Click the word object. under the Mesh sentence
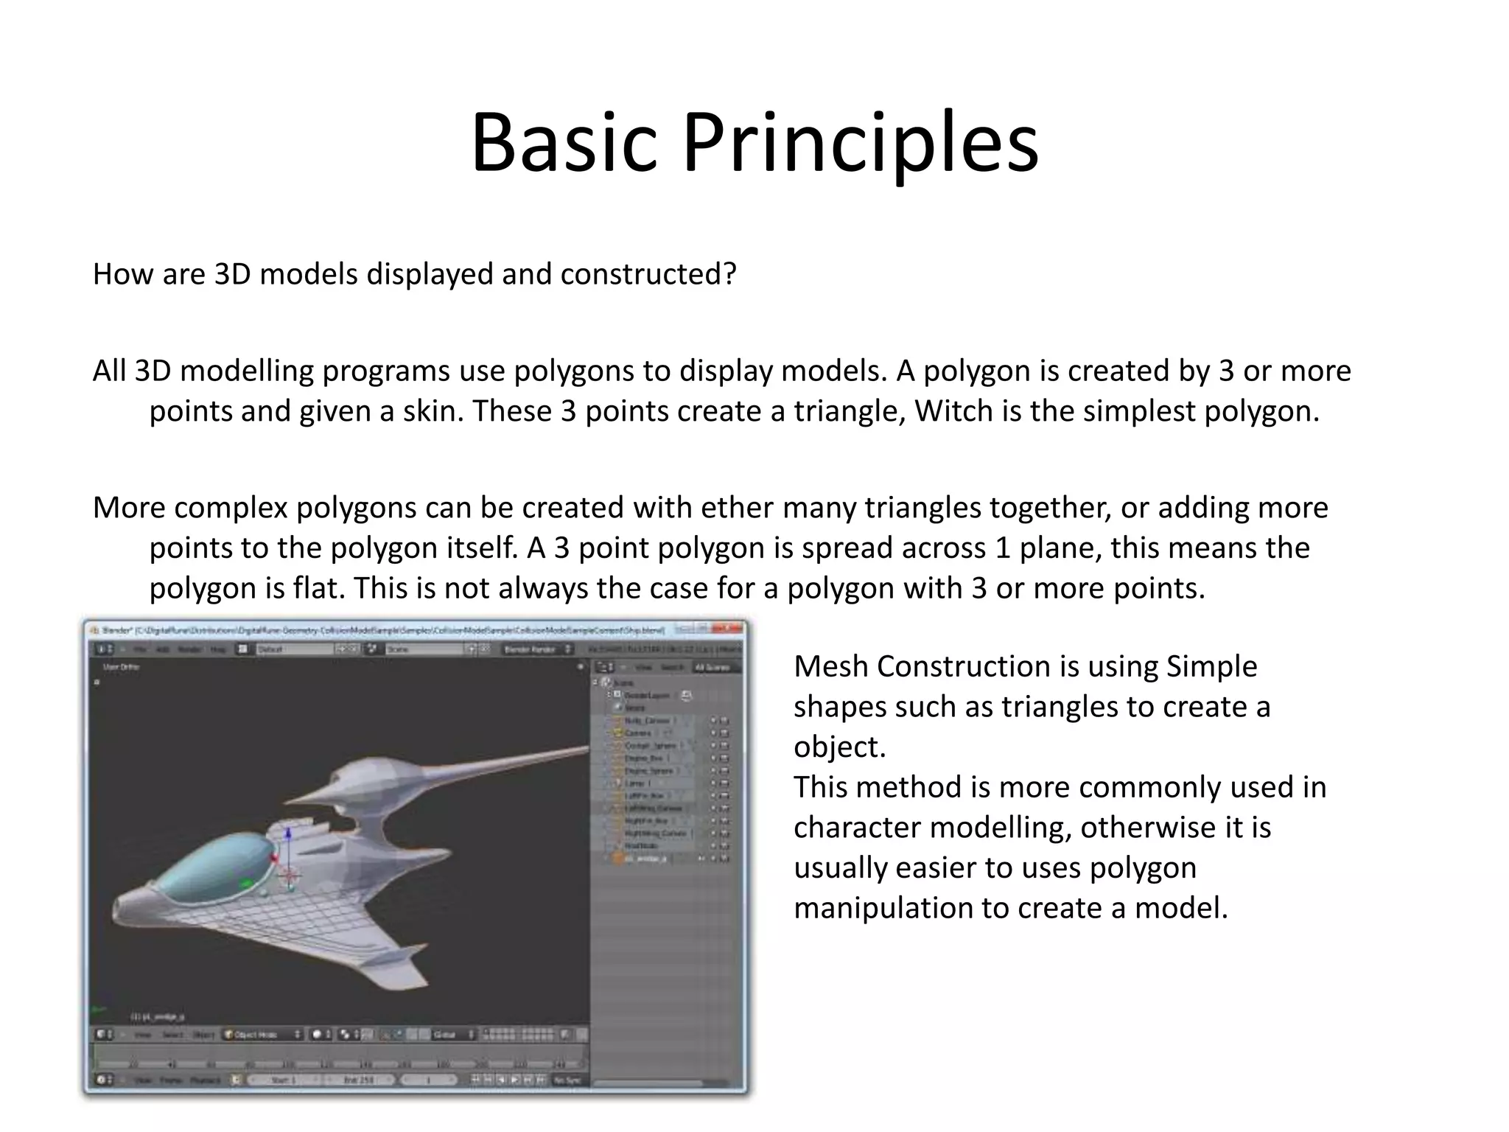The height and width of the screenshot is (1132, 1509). tap(839, 747)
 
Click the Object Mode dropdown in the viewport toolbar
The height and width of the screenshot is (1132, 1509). tap(262, 1035)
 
